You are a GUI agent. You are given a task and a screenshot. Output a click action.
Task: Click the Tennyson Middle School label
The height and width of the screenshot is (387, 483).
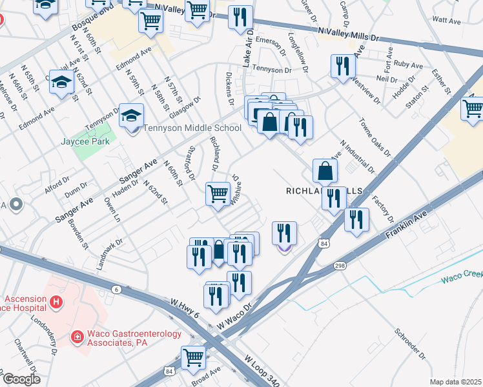coord(192,128)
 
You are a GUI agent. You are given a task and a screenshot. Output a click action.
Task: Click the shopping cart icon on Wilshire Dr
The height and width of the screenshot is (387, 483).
coord(218,193)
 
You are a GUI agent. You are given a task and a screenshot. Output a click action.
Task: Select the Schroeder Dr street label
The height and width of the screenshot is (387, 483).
coord(412,345)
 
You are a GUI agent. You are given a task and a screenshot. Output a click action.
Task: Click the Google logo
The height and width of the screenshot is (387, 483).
coord(21,379)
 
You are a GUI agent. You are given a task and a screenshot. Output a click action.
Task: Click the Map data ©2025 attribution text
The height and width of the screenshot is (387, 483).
coord(455,382)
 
